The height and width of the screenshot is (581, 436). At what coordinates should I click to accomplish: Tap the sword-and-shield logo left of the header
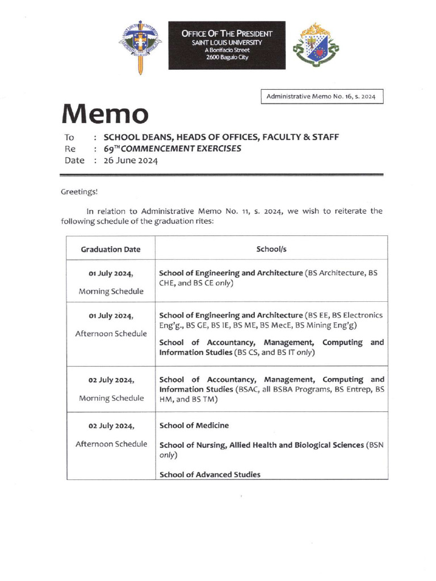(x=140, y=47)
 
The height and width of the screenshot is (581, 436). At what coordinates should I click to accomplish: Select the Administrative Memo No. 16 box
(x=322, y=97)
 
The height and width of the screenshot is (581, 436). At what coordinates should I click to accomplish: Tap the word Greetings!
(x=79, y=192)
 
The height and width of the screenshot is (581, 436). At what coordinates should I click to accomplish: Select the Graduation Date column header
(x=111, y=249)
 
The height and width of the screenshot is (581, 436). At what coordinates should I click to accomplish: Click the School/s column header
(x=271, y=249)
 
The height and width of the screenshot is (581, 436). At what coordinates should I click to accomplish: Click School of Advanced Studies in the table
(x=210, y=474)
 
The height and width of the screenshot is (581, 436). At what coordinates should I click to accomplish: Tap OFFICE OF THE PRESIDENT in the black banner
(x=227, y=34)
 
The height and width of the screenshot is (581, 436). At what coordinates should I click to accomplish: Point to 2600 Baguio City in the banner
(x=227, y=57)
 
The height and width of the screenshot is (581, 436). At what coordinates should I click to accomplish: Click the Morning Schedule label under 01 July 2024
(x=111, y=292)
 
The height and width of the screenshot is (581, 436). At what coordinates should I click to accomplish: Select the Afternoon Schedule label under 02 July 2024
(x=111, y=443)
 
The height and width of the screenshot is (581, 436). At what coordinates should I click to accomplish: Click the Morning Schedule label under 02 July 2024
(x=111, y=398)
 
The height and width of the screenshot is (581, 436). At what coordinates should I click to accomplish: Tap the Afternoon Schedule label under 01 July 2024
(x=111, y=334)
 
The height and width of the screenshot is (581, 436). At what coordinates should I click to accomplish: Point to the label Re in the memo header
(x=70, y=149)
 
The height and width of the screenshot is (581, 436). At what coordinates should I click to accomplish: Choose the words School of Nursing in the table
(x=192, y=445)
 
